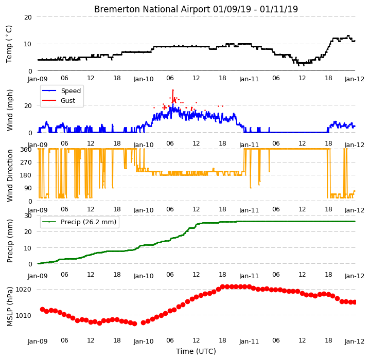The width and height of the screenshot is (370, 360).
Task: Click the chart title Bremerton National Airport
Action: click(x=152, y=9)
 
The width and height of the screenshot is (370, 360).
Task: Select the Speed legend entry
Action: click(x=71, y=91)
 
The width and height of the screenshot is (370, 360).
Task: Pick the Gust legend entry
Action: click(x=68, y=101)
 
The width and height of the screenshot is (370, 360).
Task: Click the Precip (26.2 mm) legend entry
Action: click(x=89, y=222)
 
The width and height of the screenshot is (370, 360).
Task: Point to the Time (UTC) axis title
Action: click(x=196, y=351)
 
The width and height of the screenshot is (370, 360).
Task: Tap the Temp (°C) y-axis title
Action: click(x=9, y=44)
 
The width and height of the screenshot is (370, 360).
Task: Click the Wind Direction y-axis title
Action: click(x=10, y=176)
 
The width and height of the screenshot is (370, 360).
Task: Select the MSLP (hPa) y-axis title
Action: click(x=10, y=307)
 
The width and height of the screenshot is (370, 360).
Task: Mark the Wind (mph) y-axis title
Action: click(x=10, y=110)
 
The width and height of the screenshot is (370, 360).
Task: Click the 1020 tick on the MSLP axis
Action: click(x=23, y=289)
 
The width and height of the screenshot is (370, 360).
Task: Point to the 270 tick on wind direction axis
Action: click(x=26, y=162)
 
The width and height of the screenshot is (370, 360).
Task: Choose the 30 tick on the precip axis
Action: click(x=28, y=215)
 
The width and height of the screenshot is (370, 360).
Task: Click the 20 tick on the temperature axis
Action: click(x=28, y=17)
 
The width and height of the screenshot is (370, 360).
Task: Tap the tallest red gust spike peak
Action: click(x=173, y=90)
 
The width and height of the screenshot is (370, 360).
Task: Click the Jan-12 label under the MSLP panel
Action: click(x=355, y=341)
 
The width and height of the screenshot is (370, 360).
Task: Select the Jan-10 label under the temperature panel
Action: click(x=144, y=79)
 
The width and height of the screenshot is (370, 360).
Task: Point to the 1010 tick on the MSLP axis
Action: click(x=23, y=315)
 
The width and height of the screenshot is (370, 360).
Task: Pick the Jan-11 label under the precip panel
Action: click(x=249, y=276)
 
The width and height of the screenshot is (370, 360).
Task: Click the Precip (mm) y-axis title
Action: click(x=10, y=241)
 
